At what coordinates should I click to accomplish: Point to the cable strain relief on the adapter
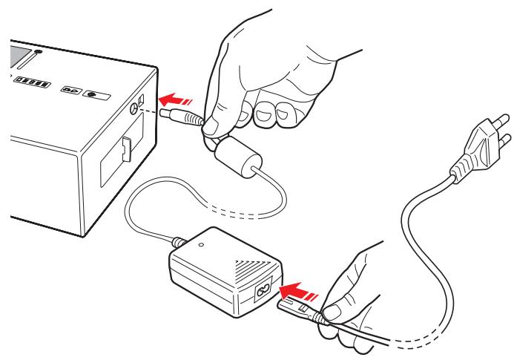178,241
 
